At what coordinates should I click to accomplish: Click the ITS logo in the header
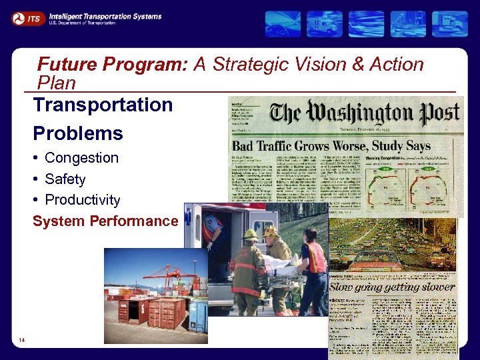27,19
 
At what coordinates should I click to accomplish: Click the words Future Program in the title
113,65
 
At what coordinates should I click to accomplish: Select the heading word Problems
78,133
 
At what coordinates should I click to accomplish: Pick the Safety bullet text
65,179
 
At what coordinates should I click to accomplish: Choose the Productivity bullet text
83,200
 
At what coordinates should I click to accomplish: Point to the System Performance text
105,221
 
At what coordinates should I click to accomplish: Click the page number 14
23,341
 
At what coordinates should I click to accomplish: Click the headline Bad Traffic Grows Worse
320,145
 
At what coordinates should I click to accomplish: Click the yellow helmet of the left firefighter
250,235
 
